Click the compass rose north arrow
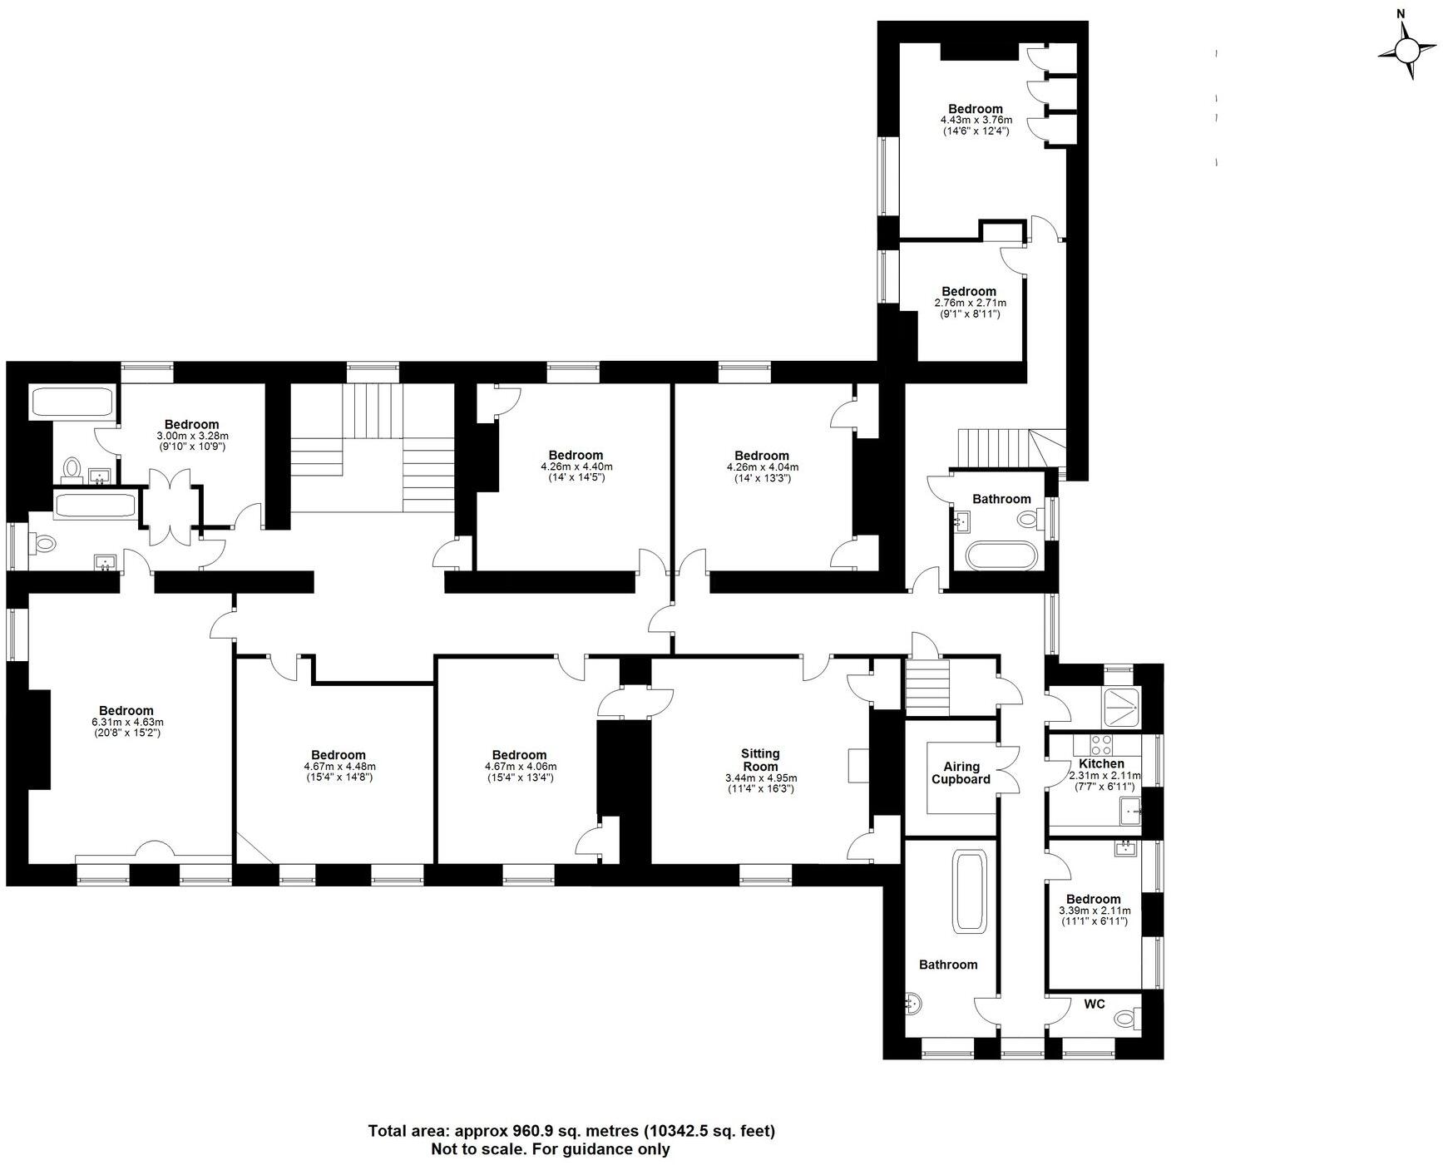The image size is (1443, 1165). [1406, 51]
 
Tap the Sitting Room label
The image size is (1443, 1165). [760, 760]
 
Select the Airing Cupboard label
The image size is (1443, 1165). [961, 773]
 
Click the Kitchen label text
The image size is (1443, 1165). [1101, 763]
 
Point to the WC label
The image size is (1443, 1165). [1095, 1004]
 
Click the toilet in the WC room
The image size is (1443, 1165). [1127, 1017]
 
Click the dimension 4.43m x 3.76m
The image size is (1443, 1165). [976, 120]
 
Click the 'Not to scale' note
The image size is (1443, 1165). [550, 1149]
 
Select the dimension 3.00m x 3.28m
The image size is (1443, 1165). [192, 436]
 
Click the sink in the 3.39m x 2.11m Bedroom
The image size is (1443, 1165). [1125, 848]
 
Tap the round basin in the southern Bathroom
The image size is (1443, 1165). [912, 1004]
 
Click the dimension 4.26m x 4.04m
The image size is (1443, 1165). [762, 467]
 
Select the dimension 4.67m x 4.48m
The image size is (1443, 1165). [339, 767]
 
